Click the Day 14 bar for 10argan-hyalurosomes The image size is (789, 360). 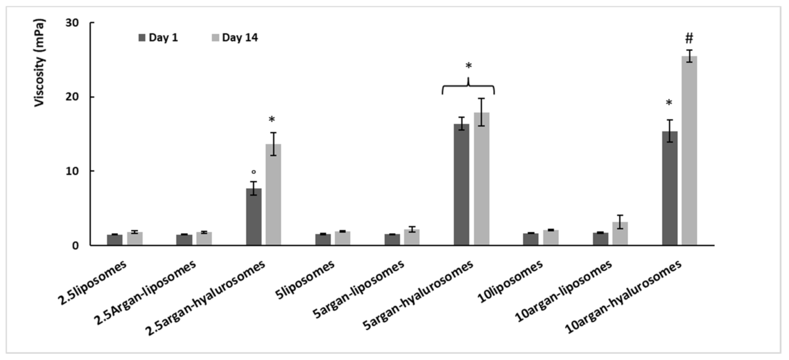(x=689, y=151)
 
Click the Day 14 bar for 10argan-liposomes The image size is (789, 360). (x=620, y=234)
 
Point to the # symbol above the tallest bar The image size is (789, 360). (x=689, y=38)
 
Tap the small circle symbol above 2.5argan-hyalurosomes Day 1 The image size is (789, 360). (x=254, y=172)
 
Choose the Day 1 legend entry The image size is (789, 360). (x=158, y=38)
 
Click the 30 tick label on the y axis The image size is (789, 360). (x=72, y=23)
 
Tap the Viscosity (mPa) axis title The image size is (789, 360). (x=39, y=63)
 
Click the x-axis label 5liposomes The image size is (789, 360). (x=305, y=280)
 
